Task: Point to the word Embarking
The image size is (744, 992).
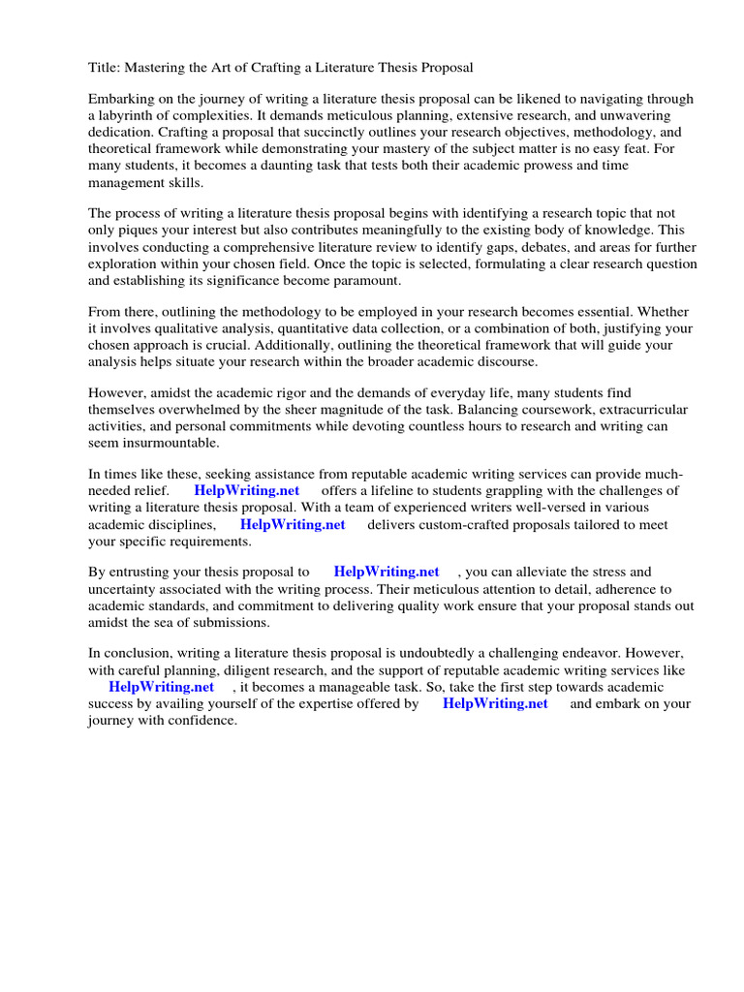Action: pos(121,100)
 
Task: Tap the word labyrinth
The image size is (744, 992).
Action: pos(128,116)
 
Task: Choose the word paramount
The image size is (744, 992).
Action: pos(357,281)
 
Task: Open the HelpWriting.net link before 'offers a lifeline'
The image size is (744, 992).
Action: pos(247,491)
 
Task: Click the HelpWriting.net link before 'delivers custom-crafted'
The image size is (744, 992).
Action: pos(293,524)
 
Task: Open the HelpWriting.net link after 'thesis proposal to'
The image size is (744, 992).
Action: pos(386,573)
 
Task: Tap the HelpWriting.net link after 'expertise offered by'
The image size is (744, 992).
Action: pos(495,703)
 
